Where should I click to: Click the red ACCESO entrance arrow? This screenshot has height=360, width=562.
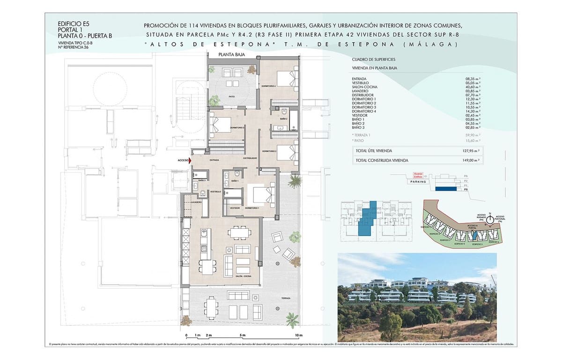[190, 160]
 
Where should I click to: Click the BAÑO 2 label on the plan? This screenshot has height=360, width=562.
[283, 119]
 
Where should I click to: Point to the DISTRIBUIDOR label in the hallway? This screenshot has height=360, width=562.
[250, 158]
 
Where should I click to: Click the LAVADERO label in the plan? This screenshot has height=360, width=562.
[196, 202]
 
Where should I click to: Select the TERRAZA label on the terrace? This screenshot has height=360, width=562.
[286, 299]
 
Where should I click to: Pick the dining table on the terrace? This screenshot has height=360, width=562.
[210, 310]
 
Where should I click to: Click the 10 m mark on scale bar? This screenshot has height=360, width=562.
[299, 336]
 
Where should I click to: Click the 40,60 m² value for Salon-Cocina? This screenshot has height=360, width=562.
[473, 87]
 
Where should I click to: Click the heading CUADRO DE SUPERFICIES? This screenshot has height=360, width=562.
[373, 60]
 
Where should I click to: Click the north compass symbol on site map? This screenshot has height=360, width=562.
[489, 218]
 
